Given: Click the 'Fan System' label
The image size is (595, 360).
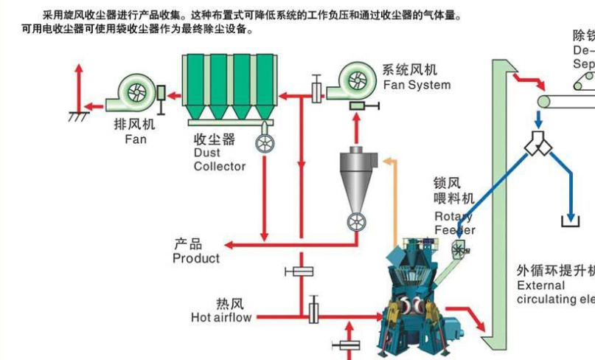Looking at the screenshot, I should click(417, 85).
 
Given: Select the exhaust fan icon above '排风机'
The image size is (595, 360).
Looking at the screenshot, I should click(136, 91).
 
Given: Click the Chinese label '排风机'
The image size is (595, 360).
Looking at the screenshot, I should click(135, 124).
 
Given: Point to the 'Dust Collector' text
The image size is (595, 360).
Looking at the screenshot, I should click(219, 159).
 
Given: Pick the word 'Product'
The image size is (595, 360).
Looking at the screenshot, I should click(196, 258).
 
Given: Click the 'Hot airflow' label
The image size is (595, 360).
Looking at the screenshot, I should click(221, 318).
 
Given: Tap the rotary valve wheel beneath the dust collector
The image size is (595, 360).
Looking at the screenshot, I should click(264, 143).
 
